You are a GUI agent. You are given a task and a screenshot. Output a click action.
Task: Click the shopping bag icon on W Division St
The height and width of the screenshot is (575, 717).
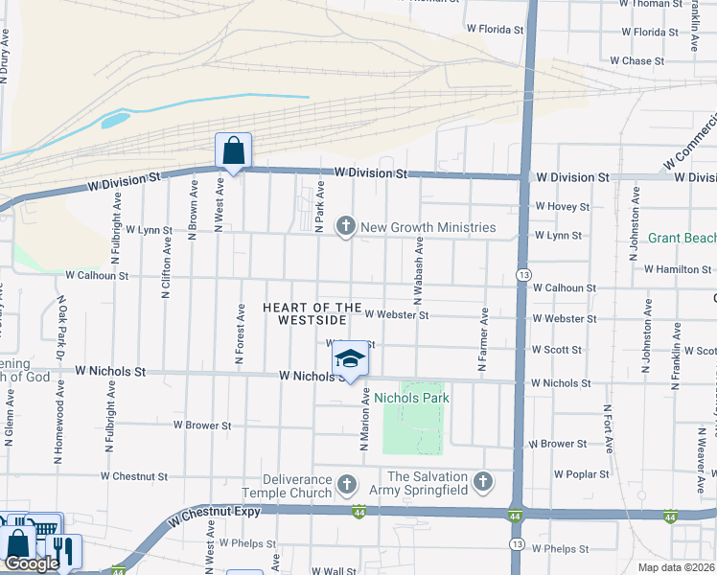233,150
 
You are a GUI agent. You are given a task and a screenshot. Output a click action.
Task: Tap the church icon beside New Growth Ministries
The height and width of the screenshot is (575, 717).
345,227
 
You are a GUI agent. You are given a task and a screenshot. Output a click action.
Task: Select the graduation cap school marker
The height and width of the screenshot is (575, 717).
350,359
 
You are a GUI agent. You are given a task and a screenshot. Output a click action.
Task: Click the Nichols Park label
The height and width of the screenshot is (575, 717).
411,397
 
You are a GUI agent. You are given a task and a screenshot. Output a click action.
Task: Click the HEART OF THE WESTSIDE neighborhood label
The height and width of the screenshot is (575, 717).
312,313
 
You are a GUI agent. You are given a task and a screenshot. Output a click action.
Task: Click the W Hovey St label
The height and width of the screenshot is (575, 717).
563,206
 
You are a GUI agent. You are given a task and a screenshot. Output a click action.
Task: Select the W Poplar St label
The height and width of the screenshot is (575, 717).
582,473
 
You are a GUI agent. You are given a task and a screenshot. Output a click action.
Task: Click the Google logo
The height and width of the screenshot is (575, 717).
32,563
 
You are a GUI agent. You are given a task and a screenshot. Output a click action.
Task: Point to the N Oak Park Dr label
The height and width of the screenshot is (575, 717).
60,327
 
